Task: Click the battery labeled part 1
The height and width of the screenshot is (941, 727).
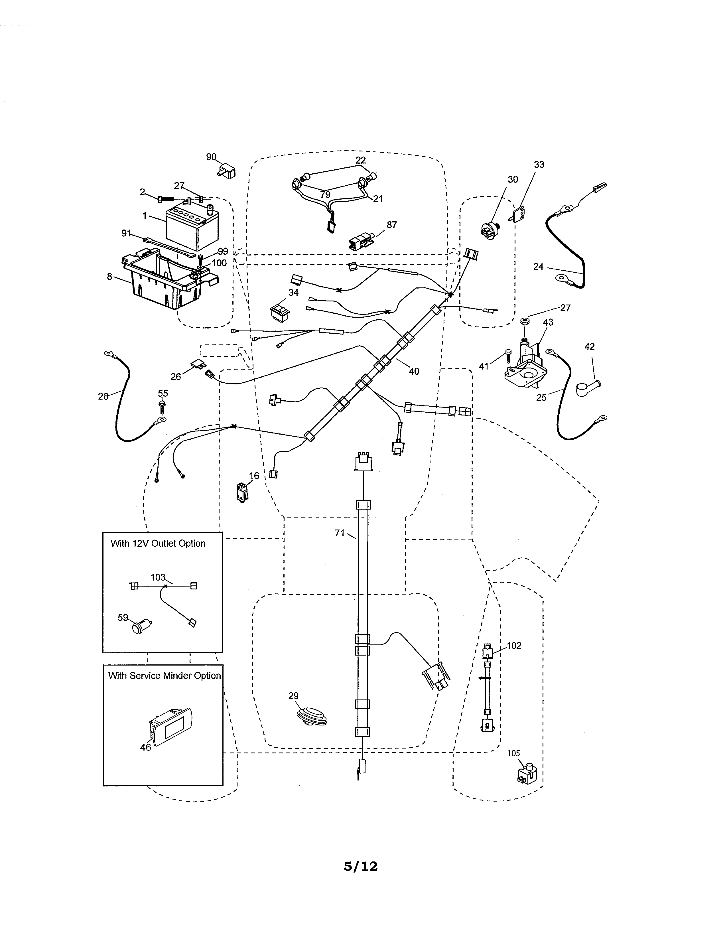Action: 192,228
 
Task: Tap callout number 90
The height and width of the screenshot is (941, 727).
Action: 211,157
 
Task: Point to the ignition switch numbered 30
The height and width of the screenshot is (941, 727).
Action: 490,229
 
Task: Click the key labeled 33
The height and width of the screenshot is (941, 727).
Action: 520,213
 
